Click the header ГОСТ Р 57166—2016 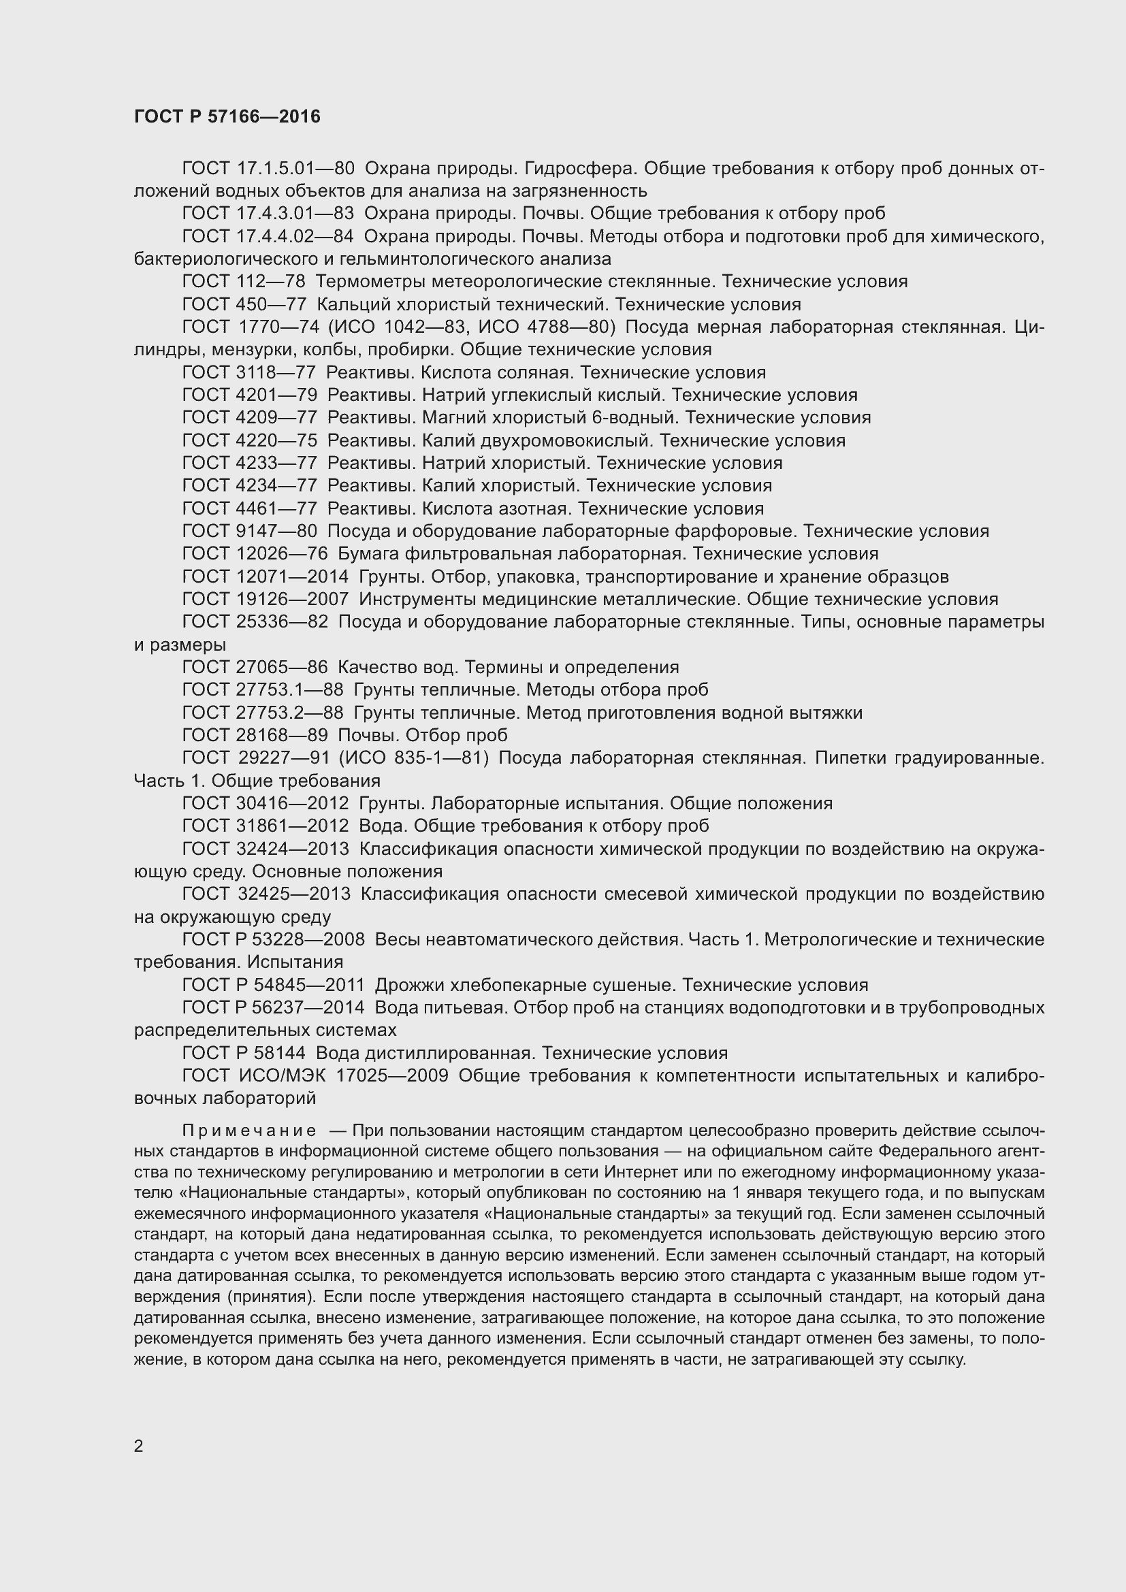[227, 116]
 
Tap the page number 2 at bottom [138, 1446]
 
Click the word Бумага [367, 553]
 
